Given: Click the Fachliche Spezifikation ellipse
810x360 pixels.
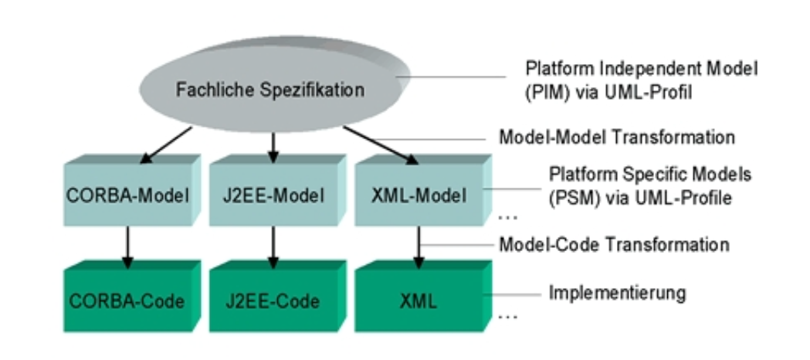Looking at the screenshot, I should pos(269,90).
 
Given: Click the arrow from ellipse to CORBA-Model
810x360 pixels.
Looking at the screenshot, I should pos(165,144).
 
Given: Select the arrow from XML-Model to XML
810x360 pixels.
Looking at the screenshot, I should pos(419,246).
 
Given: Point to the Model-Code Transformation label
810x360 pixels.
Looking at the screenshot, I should pos(615,244).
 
